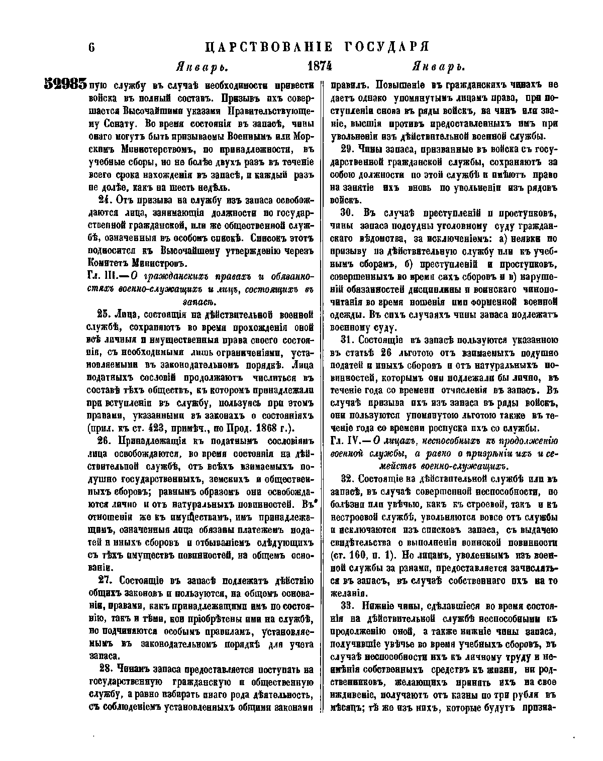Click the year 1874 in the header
click(x=320, y=66)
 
